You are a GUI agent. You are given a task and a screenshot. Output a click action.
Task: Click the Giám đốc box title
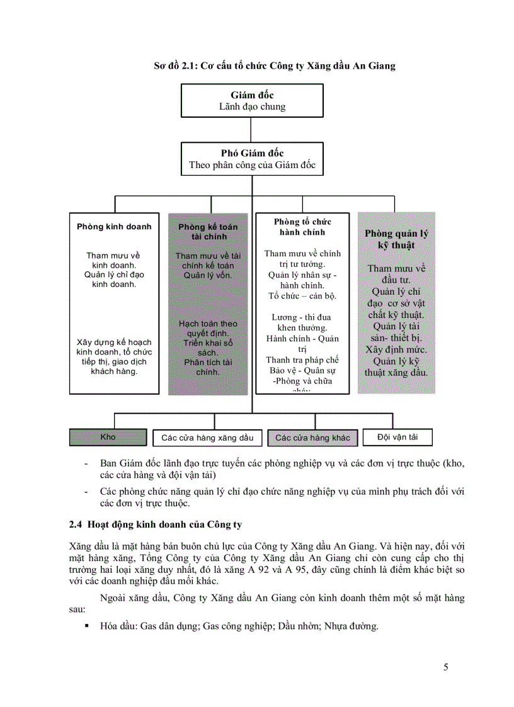(x=252, y=96)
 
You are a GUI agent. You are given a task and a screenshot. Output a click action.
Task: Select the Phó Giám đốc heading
(x=252, y=153)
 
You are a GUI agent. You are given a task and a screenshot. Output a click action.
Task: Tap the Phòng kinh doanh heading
(x=114, y=227)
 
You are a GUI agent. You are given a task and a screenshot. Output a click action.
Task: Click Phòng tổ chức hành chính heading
(x=302, y=227)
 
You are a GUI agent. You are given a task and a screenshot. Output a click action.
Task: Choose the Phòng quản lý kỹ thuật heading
(x=396, y=239)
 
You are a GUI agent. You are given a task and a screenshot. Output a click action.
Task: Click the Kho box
(x=108, y=437)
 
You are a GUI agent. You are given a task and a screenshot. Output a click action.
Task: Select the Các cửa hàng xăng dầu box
(x=207, y=438)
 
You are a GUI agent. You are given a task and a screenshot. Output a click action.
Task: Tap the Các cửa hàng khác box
(x=312, y=438)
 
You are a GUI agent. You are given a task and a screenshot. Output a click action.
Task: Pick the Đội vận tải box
(x=397, y=436)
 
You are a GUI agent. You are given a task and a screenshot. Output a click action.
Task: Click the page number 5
(x=446, y=668)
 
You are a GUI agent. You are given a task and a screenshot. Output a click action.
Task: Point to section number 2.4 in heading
(x=76, y=524)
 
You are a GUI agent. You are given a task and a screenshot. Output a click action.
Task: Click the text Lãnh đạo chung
(x=252, y=107)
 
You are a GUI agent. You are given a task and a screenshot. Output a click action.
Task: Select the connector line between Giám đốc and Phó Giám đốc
(x=252, y=128)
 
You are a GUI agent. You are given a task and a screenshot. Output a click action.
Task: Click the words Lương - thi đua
(x=301, y=317)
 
